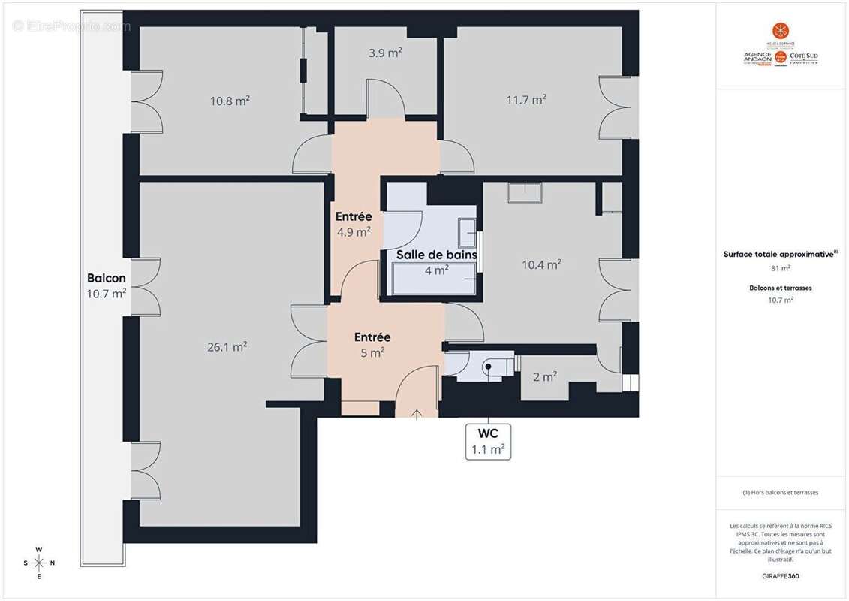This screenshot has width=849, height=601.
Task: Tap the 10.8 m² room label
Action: [230, 100]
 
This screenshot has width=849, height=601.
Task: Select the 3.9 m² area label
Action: [385, 53]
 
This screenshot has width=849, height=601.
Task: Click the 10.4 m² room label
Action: [541, 264]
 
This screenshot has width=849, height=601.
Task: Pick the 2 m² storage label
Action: [545, 376]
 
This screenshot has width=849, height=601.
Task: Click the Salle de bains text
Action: [436, 255]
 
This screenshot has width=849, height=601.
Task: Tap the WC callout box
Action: [488, 442]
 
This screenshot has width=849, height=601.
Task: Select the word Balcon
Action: [106, 278]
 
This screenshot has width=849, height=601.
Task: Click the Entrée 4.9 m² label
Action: [353, 225]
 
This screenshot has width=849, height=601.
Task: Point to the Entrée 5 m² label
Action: [372, 344]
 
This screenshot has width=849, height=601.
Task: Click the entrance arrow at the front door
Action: [417, 412]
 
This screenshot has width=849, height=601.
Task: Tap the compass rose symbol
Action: [39, 563]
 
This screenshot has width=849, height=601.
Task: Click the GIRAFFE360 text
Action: [781, 575]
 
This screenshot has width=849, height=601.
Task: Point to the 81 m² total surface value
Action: [780, 267]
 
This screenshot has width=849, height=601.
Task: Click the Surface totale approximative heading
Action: [780, 254]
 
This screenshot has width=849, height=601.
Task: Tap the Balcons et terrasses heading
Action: [780, 288]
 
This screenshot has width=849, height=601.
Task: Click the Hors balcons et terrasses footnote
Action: [780, 493]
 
